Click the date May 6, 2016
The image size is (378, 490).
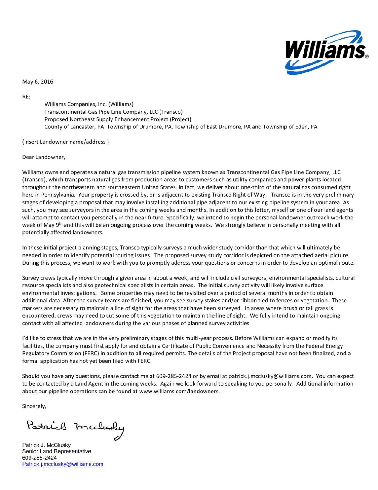38,82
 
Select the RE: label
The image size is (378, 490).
26,97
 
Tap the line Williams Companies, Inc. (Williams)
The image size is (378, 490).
89,104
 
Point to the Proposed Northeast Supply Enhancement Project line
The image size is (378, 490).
118,119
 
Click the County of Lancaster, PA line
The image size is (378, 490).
180,127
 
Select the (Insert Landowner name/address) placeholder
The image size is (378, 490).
65,142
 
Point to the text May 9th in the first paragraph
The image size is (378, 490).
53,225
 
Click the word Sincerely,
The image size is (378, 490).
34,406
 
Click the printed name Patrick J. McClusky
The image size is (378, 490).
46,445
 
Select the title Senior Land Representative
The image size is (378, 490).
56,451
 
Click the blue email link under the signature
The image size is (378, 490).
63,464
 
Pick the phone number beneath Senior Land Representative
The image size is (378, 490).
39,458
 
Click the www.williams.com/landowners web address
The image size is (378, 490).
179,391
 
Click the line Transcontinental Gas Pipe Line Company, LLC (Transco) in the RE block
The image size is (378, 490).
113,112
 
